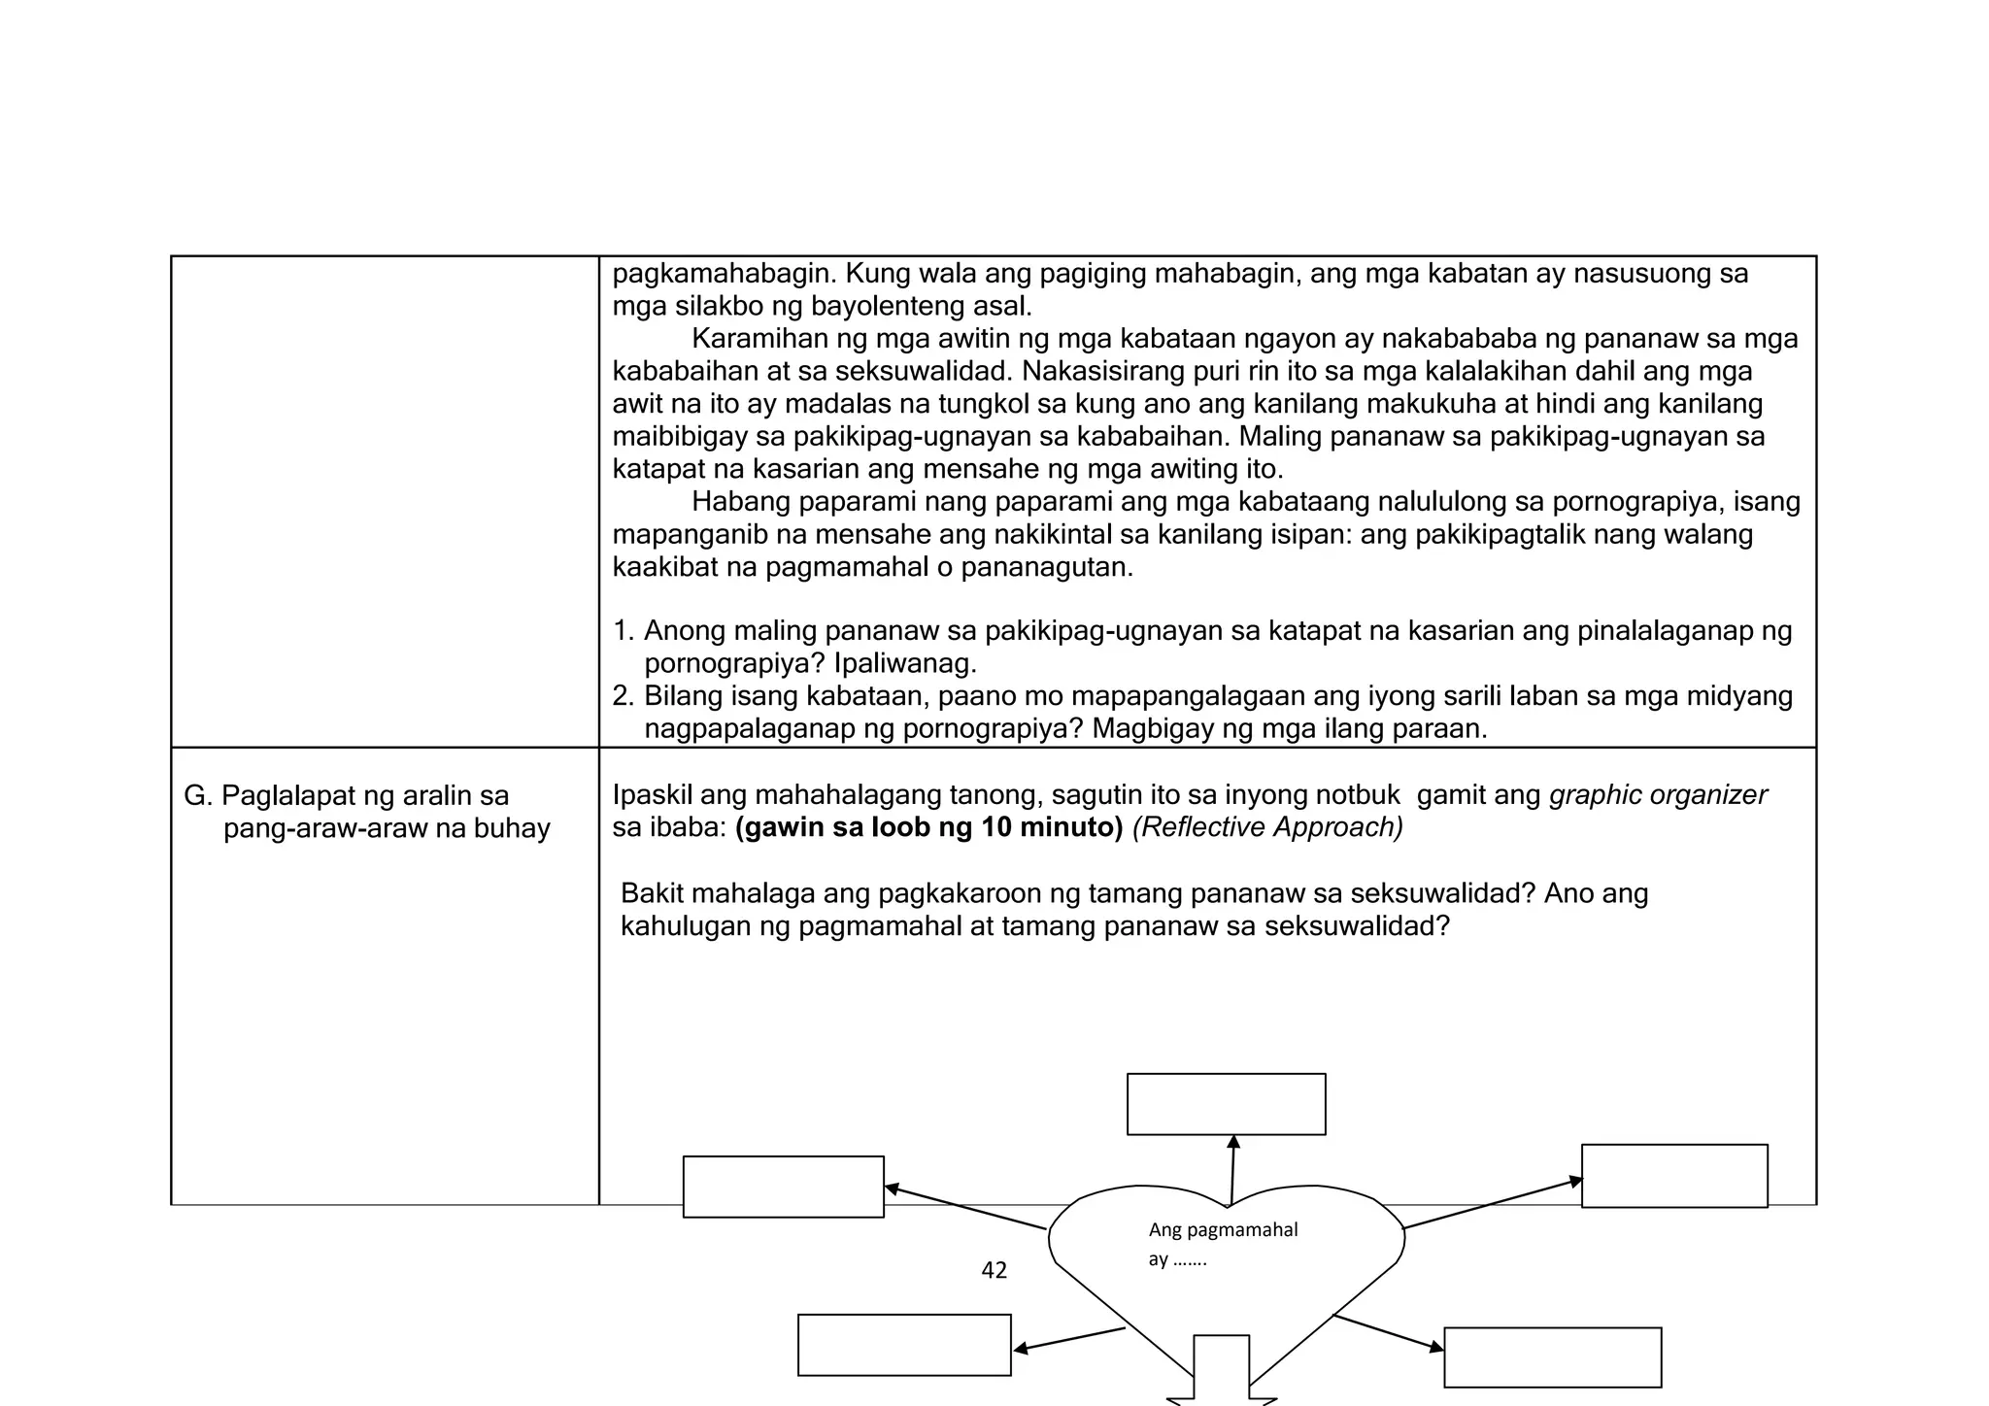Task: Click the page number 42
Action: point(994,1270)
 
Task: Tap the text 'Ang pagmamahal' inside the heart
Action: point(1223,1230)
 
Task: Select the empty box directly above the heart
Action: point(1226,1104)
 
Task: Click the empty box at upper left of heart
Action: point(783,1187)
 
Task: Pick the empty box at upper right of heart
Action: point(1674,1176)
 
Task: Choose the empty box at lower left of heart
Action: point(904,1345)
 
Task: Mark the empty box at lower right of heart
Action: point(1552,1357)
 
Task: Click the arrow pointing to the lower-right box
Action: point(1389,1332)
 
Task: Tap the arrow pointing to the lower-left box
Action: point(1068,1339)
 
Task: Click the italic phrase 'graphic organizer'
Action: point(1658,795)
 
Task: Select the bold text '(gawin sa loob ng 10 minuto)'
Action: point(928,828)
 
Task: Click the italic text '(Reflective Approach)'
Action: point(1267,828)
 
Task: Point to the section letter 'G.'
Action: point(197,796)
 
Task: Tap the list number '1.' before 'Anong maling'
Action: point(624,632)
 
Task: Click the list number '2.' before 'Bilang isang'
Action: point(624,697)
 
